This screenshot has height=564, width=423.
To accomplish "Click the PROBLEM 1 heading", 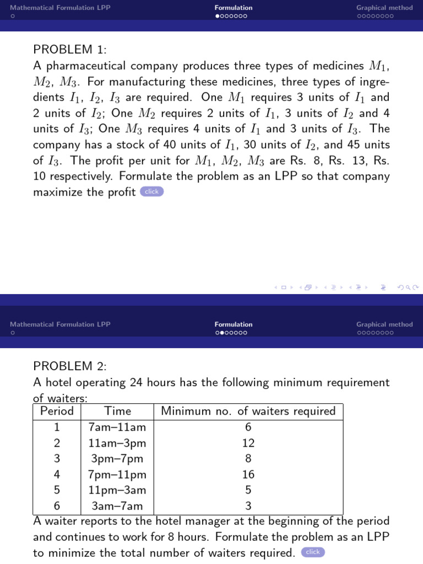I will tap(69, 50).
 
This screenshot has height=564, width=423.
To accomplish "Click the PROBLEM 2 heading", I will tap(69, 366).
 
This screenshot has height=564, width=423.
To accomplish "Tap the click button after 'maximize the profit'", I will tap(151, 192).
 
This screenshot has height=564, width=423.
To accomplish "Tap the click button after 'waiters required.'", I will tap(313, 552).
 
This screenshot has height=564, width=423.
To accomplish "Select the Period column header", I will tap(57, 411).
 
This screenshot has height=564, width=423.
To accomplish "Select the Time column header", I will tap(117, 411).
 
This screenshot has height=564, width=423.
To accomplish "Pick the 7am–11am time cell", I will tap(117, 427).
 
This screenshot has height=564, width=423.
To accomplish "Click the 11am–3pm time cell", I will tap(117, 443).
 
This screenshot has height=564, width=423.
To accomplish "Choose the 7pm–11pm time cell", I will tap(117, 474).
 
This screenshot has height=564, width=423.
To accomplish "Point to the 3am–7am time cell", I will tap(117, 506).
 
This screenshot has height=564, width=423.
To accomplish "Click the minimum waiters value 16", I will tap(248, 474).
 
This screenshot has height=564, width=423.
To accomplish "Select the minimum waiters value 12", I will tap(248, 443).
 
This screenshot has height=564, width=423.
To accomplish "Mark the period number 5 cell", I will tap(57, 490).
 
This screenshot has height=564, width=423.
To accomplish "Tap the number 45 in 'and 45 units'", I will tap(349, 145).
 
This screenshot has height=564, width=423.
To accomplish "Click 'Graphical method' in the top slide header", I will tap(384, 8).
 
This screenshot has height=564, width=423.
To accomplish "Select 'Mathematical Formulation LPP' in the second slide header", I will tap(60, 324).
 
